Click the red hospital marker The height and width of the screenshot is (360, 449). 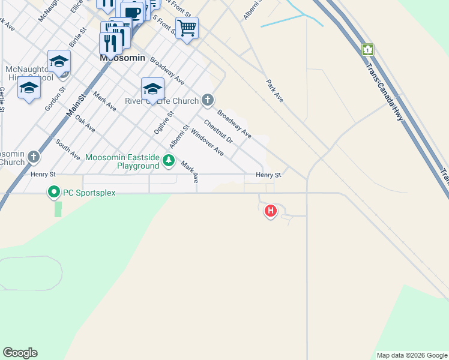point(271,211)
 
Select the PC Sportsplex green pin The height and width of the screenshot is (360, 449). point(53,193)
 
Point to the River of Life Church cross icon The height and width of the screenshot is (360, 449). point(208,100)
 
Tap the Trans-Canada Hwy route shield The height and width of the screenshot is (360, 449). point(368,50)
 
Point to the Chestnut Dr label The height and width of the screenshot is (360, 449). point(218,132)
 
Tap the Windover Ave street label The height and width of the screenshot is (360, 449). point(207,143)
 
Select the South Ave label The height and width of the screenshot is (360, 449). point(67,149)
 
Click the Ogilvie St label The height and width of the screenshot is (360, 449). point(162,121)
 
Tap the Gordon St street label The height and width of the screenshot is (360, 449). point(55,98)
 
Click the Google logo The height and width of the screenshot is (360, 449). point(20,353)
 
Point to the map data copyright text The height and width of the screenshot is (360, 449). point(412,355)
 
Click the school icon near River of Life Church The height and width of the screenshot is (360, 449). point(153,89)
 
